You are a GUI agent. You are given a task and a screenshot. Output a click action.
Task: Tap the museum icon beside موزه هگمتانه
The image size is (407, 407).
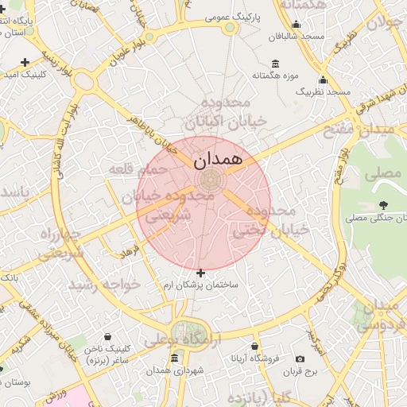[275, 64]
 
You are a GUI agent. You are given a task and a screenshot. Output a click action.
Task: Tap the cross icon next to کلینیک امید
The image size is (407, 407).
[25, 62]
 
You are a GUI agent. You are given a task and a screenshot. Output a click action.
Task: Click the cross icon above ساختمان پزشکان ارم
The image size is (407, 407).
[200, 273]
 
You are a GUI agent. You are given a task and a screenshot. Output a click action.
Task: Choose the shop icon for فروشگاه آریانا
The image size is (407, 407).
[254, 347]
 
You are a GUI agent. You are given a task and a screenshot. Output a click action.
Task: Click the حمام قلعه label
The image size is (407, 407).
[141, 169]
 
